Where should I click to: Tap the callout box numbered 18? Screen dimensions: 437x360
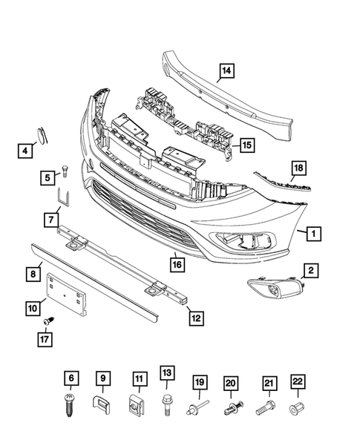click(298, 169)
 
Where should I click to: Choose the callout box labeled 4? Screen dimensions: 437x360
click(24, 151)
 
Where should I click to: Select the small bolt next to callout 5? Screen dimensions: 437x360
click(65, 170)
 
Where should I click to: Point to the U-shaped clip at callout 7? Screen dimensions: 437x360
click(63, 198)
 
